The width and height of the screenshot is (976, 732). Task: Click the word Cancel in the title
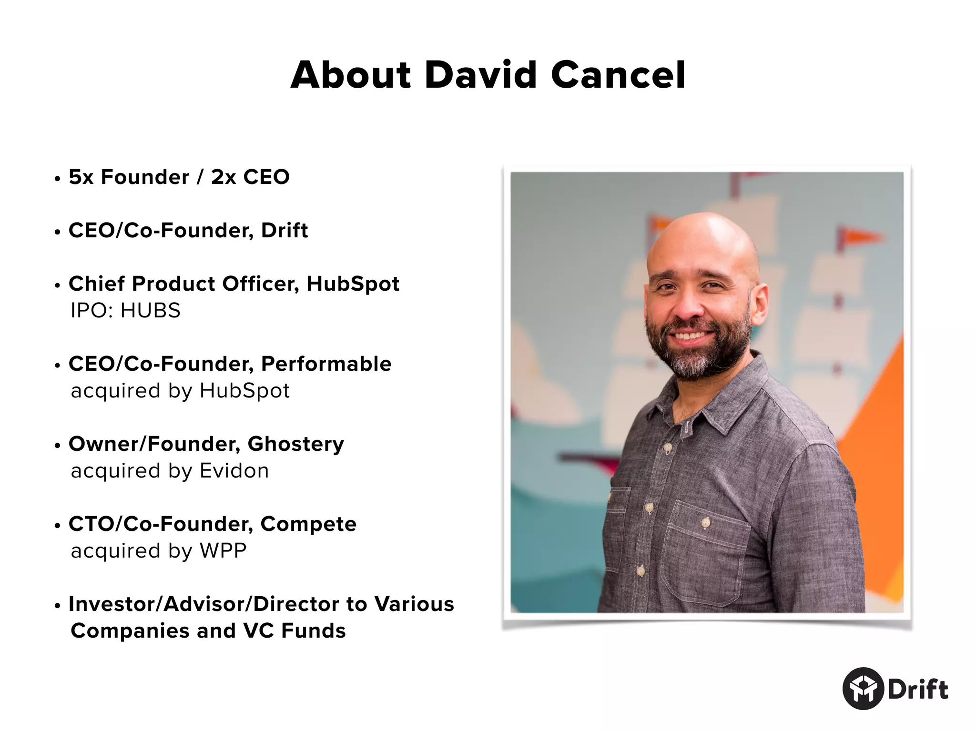(x=618, y=75)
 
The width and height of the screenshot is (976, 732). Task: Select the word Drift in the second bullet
(x=285, y=231)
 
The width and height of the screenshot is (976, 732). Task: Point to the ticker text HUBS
(x=150, y=311)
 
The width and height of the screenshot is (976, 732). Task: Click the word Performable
(x=326, y=364)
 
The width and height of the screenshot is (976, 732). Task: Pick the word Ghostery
(x=295, y=444)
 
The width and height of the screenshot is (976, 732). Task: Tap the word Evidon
(x=234, y=471)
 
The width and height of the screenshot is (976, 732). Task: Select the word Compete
(x=308, y=524)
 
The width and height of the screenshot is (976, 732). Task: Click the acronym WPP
(x=223, y=551)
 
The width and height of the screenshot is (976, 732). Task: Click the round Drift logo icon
(x=863, y=689)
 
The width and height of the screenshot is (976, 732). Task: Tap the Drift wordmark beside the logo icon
(x=918, y=690)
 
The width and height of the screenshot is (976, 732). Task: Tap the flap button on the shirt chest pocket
(x=706, y=523)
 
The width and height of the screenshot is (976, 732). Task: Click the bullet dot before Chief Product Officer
(x=58, y=286)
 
